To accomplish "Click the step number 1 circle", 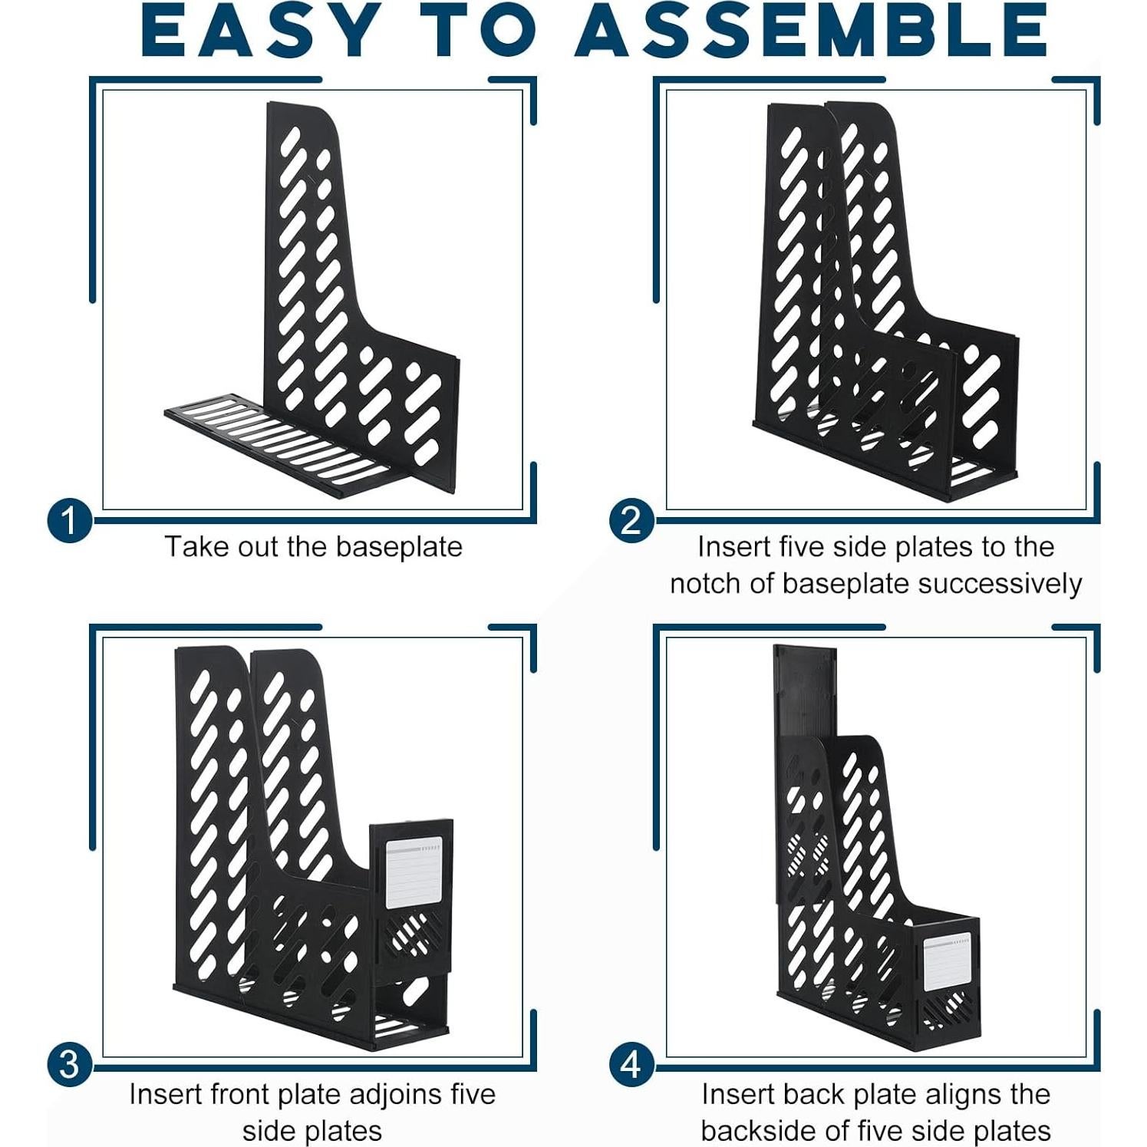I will click(69, 521).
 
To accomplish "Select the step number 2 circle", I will click(631, 521).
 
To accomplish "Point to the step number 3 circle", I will click(69, 1065).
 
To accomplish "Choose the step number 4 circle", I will click(631, 1065).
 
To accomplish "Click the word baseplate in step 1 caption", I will click(399, 547).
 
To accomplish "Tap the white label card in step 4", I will click(946, 962).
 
